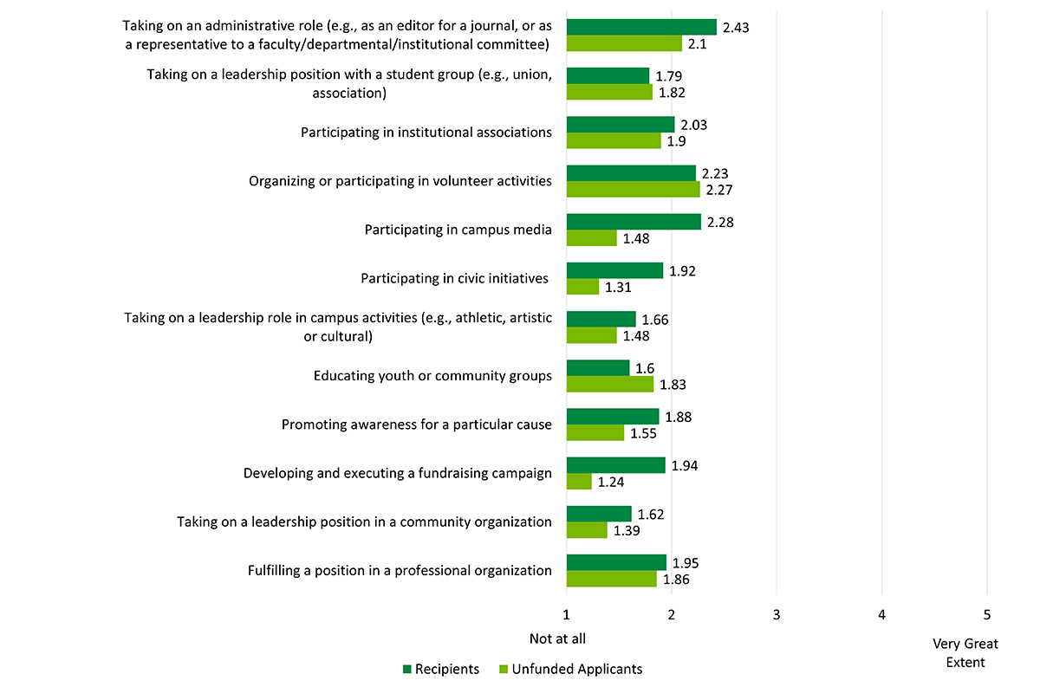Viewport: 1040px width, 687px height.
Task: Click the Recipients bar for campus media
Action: (634, 222)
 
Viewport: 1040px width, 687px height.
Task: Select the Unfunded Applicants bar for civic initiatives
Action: (582, 287)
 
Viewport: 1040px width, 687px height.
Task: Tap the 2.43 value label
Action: (735, 27)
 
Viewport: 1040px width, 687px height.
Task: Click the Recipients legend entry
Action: (439, 669)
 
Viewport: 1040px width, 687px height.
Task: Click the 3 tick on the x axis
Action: (777, 614)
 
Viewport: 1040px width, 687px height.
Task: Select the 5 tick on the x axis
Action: (986, 614)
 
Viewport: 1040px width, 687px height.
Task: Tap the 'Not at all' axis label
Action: (557, 638)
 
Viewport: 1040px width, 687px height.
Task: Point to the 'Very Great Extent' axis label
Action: (965, 653)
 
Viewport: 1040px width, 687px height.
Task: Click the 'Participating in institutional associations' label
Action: (426, 133)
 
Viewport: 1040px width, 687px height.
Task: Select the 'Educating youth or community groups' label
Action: (432, 376)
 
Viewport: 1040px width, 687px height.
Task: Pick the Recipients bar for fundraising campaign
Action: (615, 465)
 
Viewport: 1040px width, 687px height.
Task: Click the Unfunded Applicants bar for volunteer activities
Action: (633, 189)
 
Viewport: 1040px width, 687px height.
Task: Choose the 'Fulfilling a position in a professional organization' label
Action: (400, 570)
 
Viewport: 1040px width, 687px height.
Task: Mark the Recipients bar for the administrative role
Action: (641, 27)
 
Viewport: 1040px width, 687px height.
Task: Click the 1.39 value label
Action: (627, 530)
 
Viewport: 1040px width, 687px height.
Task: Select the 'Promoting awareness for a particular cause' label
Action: (417, 425)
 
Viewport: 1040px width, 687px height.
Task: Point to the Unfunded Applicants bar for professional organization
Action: (611, 579)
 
